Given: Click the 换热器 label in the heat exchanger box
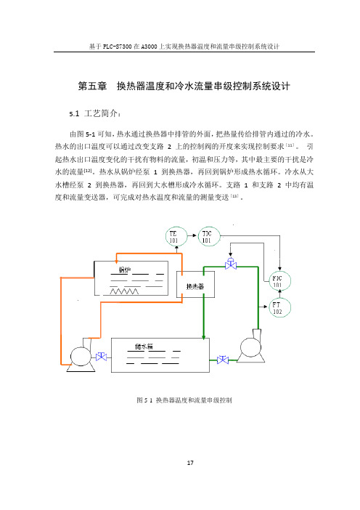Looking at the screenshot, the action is click(x=195, y=286).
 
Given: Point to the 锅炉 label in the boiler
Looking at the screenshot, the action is click(x=125, y=270).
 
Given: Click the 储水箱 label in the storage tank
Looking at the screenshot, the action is click(x=144, y=347).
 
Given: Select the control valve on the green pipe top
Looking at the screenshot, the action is click(x=231, y=264).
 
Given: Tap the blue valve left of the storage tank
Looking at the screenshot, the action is click(x=102, y=357).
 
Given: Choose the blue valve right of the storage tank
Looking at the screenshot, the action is click(x=223, y=360).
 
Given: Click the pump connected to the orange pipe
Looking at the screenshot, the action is click(x=81, y=356).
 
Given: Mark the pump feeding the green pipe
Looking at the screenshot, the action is click(x=251, y=347).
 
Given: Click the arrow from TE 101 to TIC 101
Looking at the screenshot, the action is click(x=192, y=236).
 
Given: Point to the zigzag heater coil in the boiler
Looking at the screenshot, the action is click(x=124, y=291).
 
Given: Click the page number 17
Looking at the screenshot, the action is click(x=190, y=463).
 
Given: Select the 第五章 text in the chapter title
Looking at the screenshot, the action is click(x=92, y=86).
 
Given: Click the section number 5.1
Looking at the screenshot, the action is click(x=74, y=113).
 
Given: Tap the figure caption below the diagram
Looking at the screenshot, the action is click(x=184, y=400).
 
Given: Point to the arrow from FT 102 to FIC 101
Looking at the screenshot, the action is click(x=279, y=294).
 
